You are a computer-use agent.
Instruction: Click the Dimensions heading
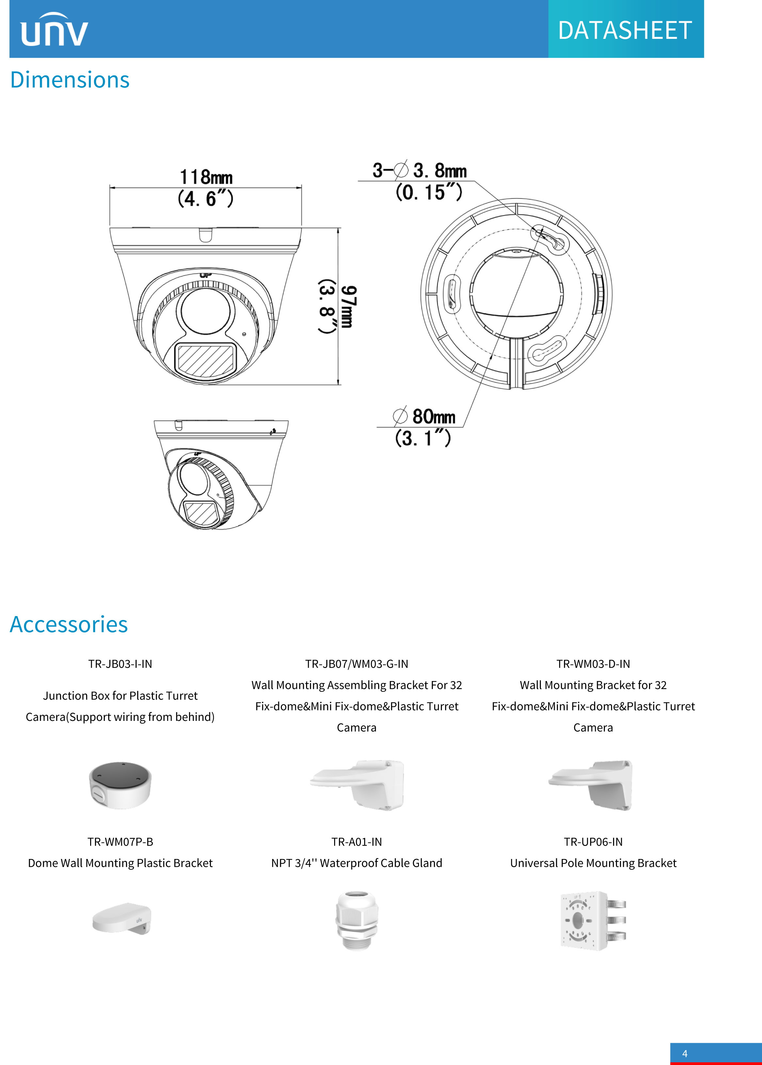pyautogui.click(x=70, y=80)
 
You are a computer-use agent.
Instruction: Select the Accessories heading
pyautogui.click(x=69, y=624)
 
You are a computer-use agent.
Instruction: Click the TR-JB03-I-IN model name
pyautogui.click(x=120, y=663)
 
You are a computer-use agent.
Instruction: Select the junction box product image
pyautogui.click(x=120, y=785)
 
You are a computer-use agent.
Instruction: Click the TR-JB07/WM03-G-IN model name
pyautogui.click(x=357, y=663)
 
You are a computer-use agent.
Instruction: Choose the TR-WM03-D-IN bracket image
pyautogui.click(x=591, y=785)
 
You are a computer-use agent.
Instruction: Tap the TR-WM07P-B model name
pyautogui.click(x=120, y=842)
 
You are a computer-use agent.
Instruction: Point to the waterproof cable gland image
pyautogui.click(x=357, y=920)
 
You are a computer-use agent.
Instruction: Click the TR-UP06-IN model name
pyautogui.click(x=593, y=842)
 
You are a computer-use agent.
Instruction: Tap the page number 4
pyautogui.click(x=685, y=1053)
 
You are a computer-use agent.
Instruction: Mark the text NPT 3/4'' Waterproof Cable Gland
pyautogui.click(x=357, y=863)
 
